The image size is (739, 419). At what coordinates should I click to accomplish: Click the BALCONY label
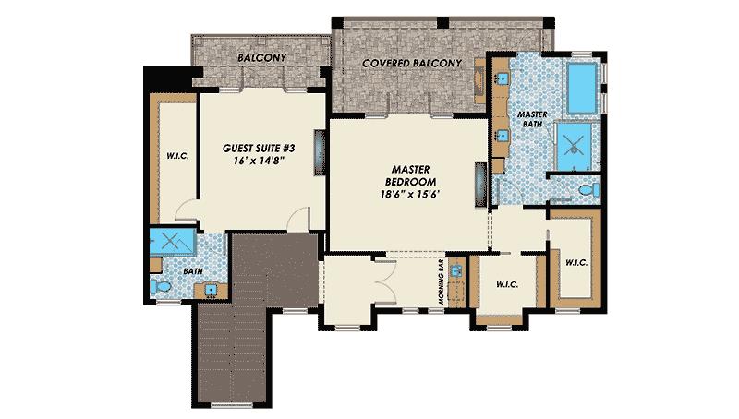coord(260,57)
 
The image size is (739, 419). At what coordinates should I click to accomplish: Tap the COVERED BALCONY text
coord(411,63)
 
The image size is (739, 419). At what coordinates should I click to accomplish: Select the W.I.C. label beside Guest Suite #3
coord(176,156)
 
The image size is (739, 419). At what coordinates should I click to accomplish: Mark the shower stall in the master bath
coord(574,144)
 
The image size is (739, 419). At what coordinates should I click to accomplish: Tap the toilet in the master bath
coord(586,190)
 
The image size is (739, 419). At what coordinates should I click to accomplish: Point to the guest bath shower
coord(171,243)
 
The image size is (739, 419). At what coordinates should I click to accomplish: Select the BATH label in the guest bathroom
coord(193,272)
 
